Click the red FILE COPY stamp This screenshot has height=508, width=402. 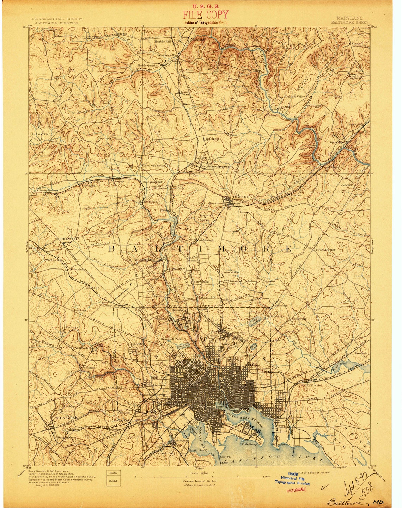pos(205,15)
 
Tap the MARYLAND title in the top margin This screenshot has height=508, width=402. pos(349,18)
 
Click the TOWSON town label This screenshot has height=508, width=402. pos(241,197)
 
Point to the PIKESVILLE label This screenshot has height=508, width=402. pos(69,239)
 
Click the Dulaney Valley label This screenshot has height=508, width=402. pos(295,97)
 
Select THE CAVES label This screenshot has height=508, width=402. pos(39,134)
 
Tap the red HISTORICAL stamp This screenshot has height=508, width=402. pos(297,490)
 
